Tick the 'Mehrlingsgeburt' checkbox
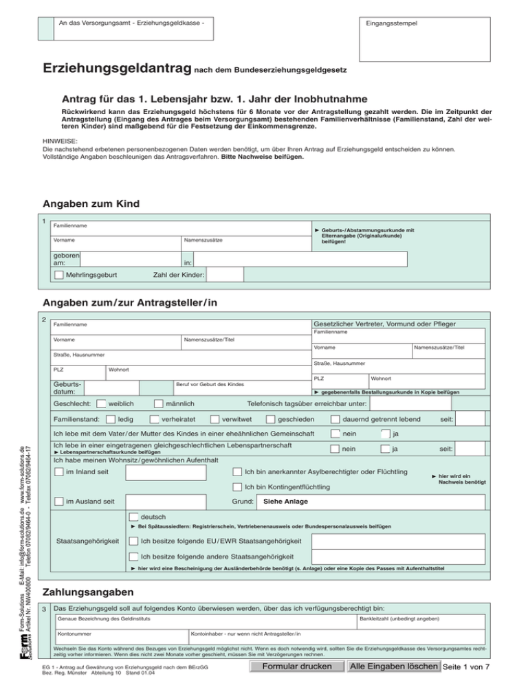click(59, 276)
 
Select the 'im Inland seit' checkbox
click(59, 473)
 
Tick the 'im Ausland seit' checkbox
click(59, 502)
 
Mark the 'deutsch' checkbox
click(133, 517)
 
